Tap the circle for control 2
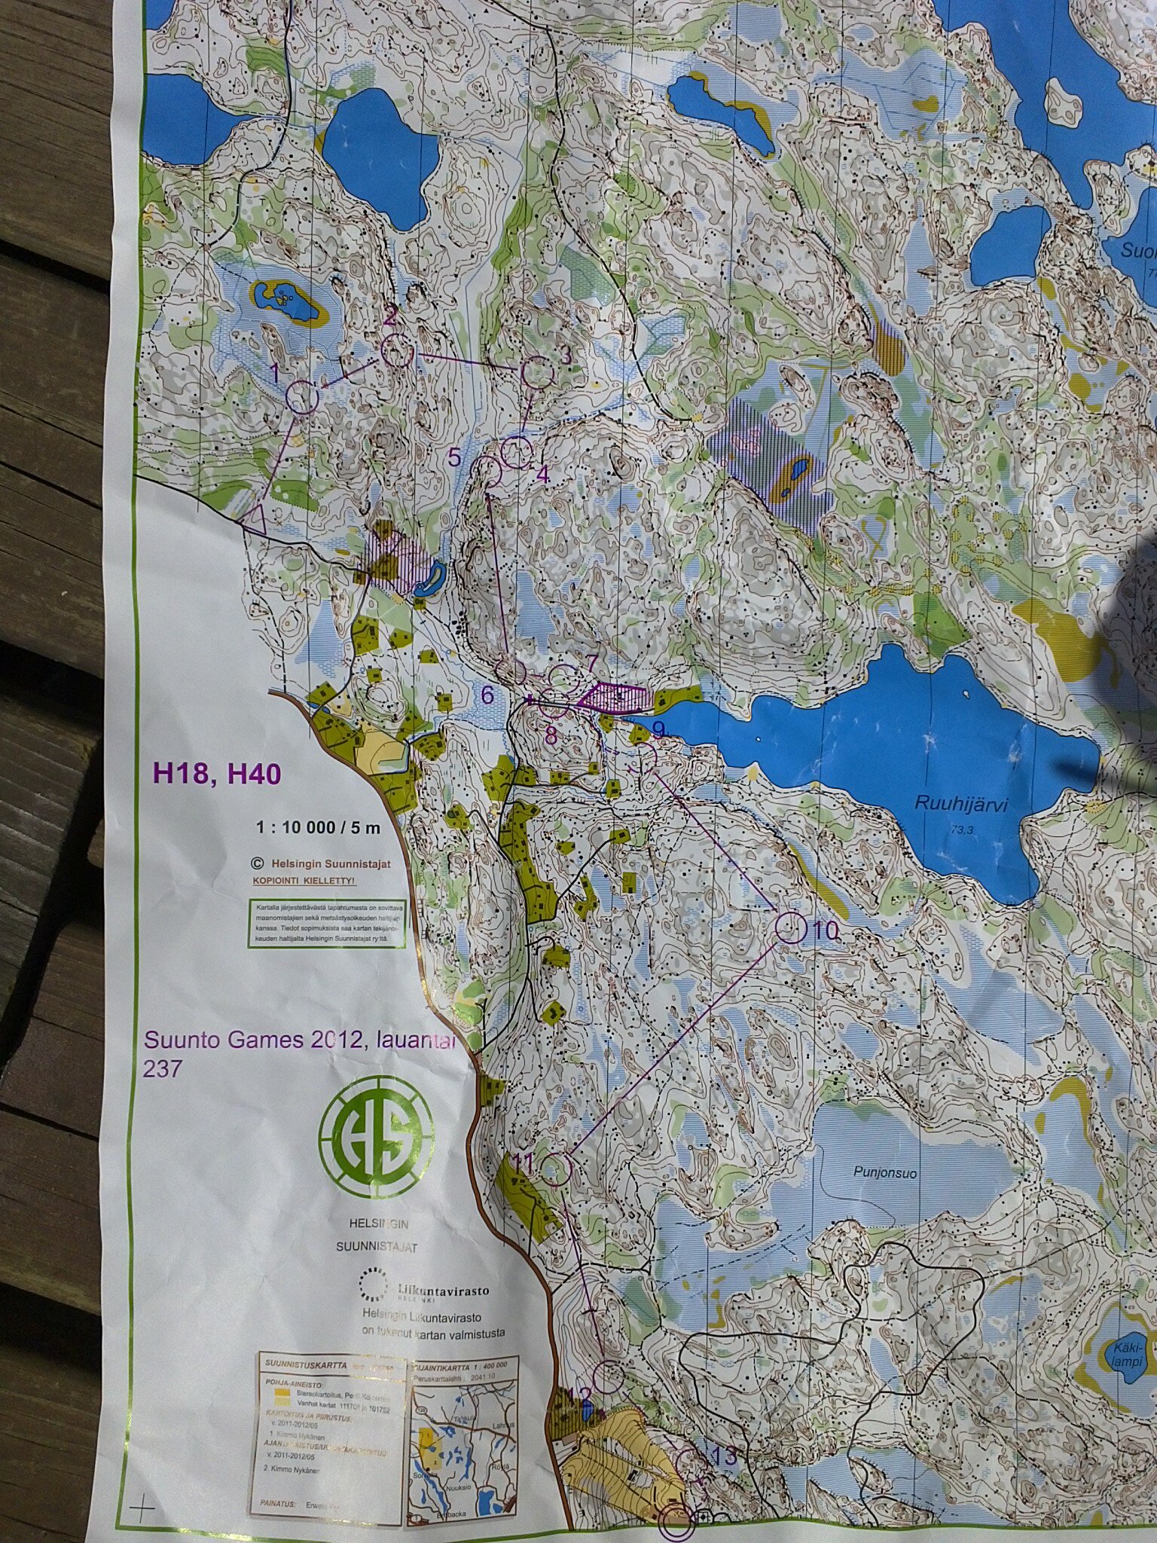click(x=398, y=351)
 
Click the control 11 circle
click(x=557, y=1169)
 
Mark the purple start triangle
click(x=253, y=517)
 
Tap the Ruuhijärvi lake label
click(x=960, y=803)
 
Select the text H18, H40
click(x=217, y=773)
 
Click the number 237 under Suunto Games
click(x=162, y=1068)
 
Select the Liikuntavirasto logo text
click(x=441, y=1291)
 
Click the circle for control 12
click(x=608, y=1378)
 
